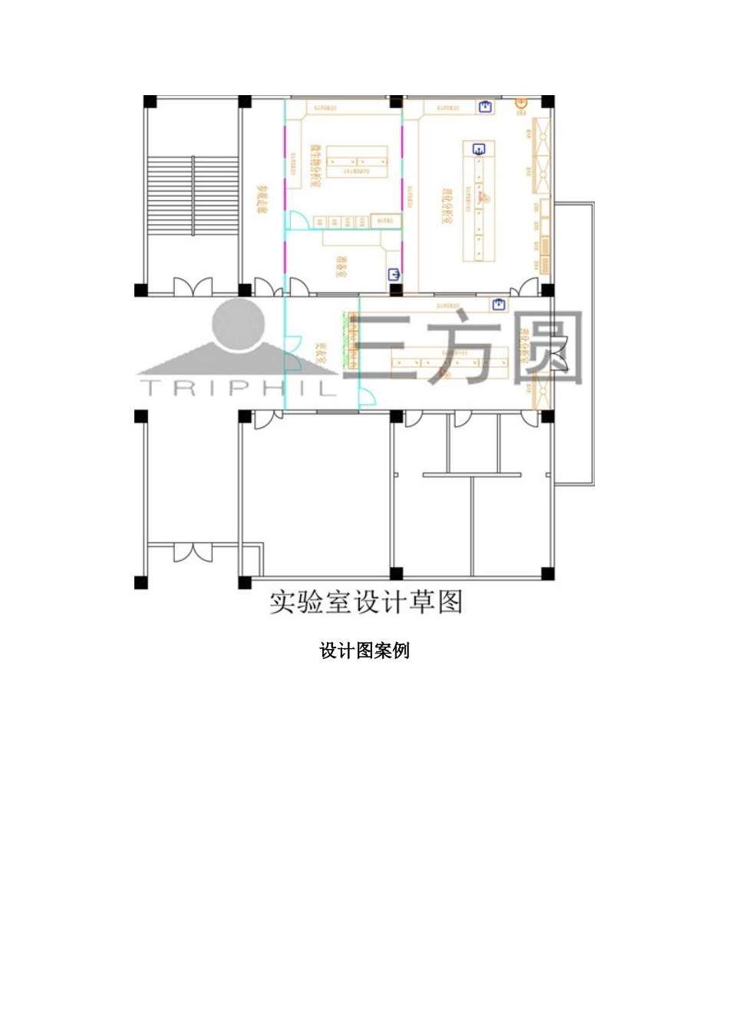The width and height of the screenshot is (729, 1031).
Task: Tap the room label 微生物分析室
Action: [315, 166]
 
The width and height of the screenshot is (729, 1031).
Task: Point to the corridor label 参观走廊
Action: [262, 199]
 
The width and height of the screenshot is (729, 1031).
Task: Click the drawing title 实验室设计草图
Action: [366, 602]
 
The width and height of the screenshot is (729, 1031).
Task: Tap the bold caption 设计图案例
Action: [364, 651]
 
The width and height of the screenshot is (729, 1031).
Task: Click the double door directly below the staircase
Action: [193, 288]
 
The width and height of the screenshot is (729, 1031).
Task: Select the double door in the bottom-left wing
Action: [193, 552]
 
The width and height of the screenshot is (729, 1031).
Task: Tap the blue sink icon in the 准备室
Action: [394, 273]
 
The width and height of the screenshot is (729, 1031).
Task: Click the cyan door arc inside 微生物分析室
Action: [297, 221]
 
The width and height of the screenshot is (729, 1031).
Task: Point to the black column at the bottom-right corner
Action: [547, 574]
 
